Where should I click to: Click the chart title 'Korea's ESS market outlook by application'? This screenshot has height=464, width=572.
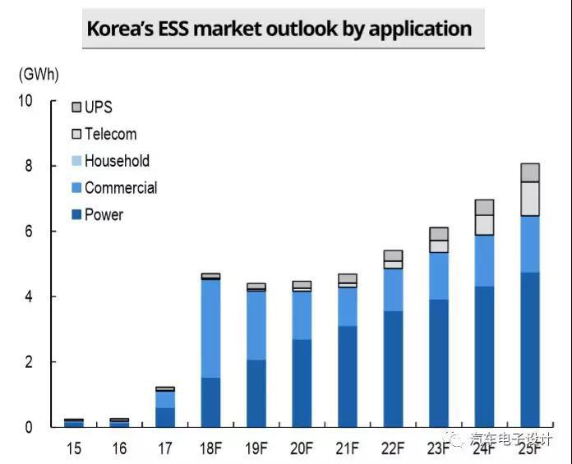[x=279, y=30]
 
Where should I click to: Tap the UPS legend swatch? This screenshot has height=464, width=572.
[x=77, y=108]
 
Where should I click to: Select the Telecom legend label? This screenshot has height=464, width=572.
[x=110, y=134]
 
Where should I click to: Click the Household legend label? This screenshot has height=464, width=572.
[x=117, y=161]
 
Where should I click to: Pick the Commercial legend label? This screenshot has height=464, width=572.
[x=120, y=188]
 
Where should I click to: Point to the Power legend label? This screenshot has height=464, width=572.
[x=104, y=215]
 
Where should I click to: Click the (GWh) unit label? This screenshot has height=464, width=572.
[x=39, y=73]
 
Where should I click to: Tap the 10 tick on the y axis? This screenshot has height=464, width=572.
[x=25, y=100]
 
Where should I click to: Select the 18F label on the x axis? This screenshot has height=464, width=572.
[x=210, y=448]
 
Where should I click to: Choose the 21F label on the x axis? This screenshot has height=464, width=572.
[x=347, y=448]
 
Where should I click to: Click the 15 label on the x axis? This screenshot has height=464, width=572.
[x=74, y=448]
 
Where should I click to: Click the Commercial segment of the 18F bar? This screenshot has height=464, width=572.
[x=210, y=328]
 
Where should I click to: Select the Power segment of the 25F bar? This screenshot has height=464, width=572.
[x=530, y=349]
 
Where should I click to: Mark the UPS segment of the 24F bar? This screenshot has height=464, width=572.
[x=485, y=207]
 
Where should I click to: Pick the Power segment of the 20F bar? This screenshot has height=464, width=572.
[x=302, y=383]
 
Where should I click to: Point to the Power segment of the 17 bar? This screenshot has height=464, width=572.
[x=165, y=417]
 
